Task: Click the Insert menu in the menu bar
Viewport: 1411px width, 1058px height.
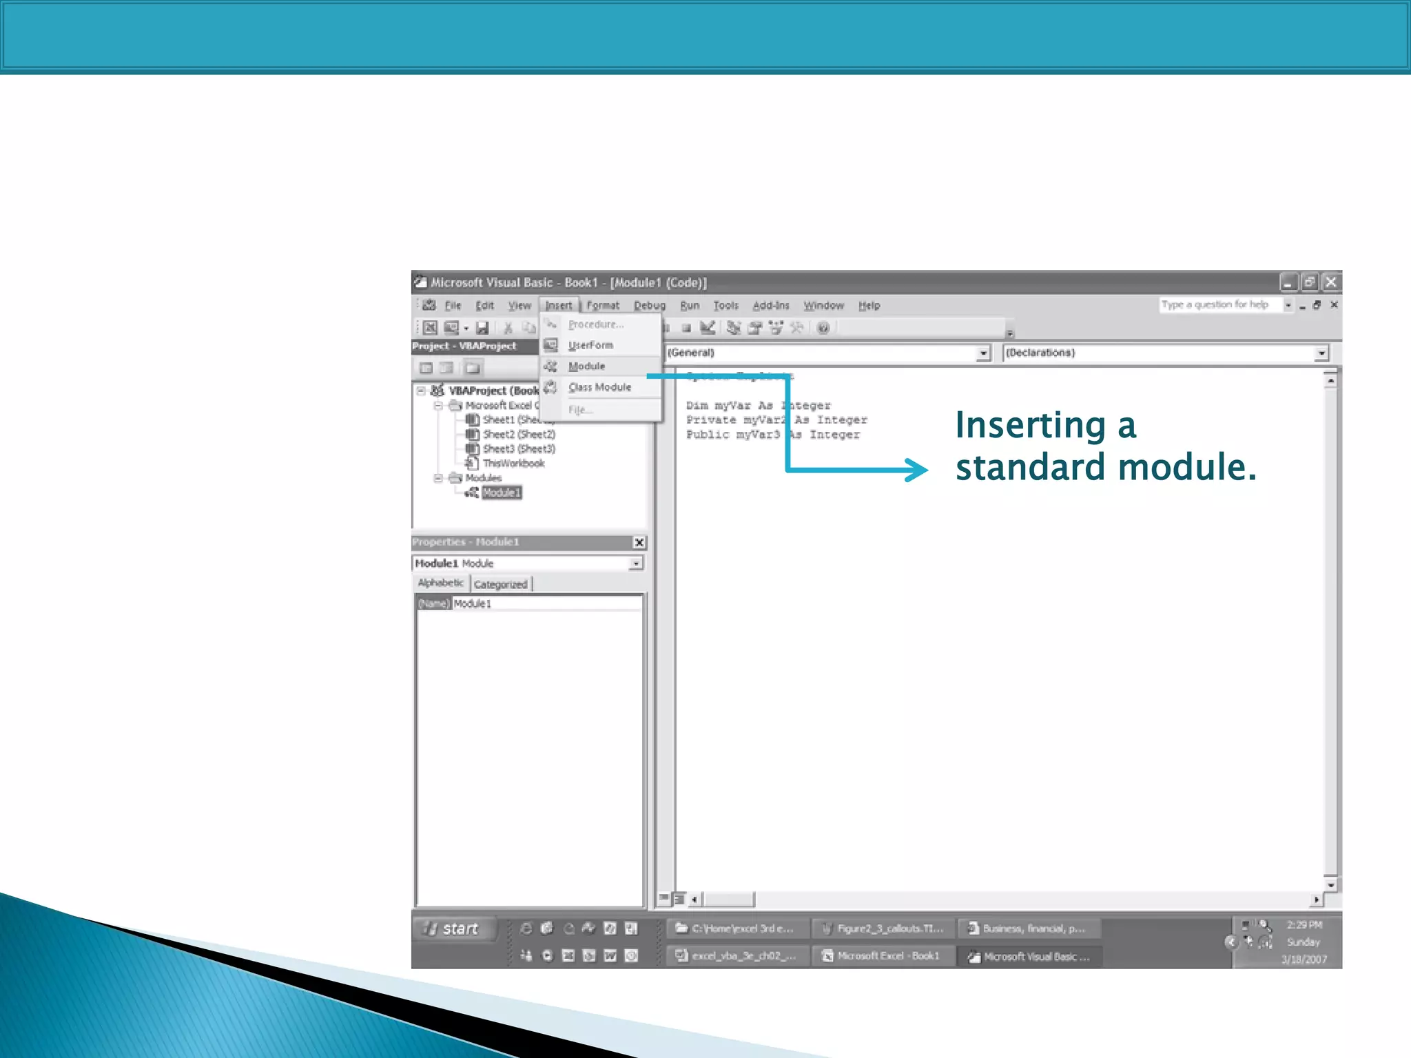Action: point(558,305)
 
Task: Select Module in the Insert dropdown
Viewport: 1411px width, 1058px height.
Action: point(586,366)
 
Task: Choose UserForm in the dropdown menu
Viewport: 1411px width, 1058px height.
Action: point(590,345)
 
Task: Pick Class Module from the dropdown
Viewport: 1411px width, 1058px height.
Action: point(599,387)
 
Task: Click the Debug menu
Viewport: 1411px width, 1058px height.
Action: point(649,305)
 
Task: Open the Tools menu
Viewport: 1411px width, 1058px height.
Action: point(725,305)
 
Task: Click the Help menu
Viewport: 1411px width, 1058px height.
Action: point(869,305)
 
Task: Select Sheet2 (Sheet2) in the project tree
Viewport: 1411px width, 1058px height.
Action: point(518,434)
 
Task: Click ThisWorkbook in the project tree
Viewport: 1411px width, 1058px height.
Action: point(513,463)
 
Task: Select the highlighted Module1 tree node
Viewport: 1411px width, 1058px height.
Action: point(501,492)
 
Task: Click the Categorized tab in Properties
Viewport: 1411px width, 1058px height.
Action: point(500,584)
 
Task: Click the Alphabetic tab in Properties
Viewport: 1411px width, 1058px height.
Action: point(441,583)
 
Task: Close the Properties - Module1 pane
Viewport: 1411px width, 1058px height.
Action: point(639,542)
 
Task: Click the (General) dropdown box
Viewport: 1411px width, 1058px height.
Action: point(827,353)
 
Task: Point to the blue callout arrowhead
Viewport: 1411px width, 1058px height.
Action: point(918,470)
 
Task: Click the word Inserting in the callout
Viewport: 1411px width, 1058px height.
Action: point(1030,425)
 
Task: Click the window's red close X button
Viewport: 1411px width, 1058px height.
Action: point(1331,282)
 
